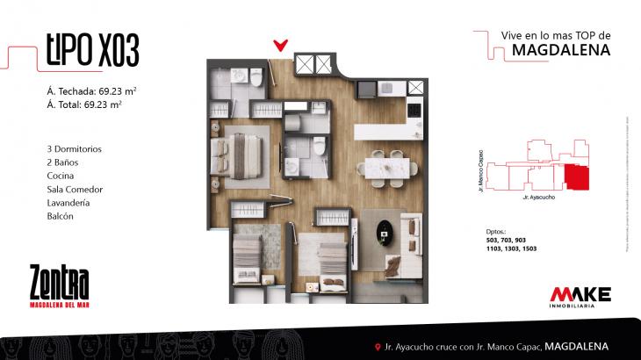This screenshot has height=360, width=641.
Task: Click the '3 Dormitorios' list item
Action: click(75, 149)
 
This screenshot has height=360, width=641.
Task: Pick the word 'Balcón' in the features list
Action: click(61, 216)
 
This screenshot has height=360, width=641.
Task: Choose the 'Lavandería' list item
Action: click(70, 203)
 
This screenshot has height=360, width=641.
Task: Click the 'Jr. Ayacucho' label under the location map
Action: click(537, 198)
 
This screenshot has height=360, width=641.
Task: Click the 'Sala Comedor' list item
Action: click(76, 190)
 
